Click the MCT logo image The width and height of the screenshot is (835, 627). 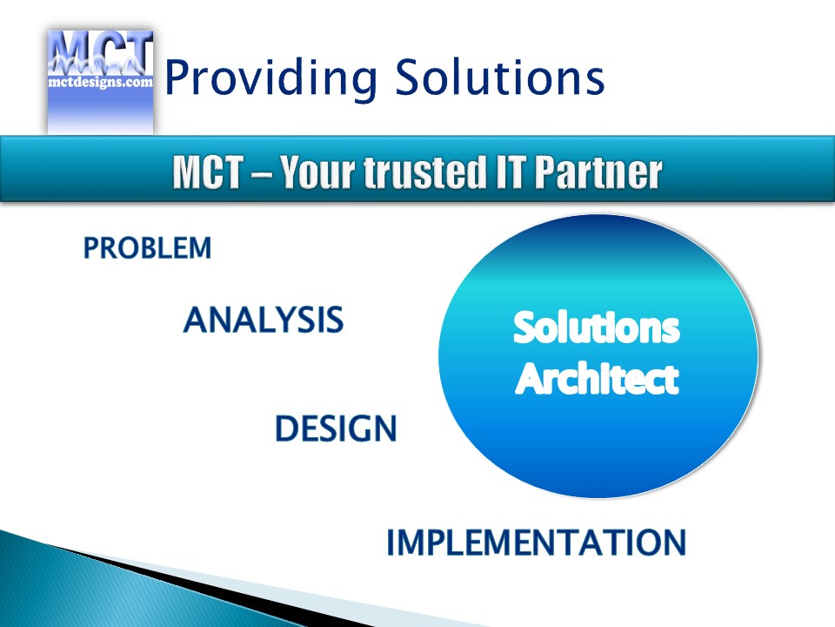click(101, 83)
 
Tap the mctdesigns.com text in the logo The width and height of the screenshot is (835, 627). click(101, 82)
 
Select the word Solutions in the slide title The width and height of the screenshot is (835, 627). click(499, 77)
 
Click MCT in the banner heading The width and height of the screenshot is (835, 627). click(208, 172)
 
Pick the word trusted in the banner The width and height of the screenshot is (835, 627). click(424, 172)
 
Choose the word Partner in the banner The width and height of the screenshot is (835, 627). click(598, 172)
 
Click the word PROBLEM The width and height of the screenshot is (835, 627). click(148, 248)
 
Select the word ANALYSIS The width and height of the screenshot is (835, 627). click(264, 320)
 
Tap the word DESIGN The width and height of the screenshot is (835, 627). click(336, 428)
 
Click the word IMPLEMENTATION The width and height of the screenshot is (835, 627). click(537, 543)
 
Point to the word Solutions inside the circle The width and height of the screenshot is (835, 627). click(597, 327)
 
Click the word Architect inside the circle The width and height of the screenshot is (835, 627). click(598, 379)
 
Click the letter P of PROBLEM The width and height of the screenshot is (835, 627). click(91, 248)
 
